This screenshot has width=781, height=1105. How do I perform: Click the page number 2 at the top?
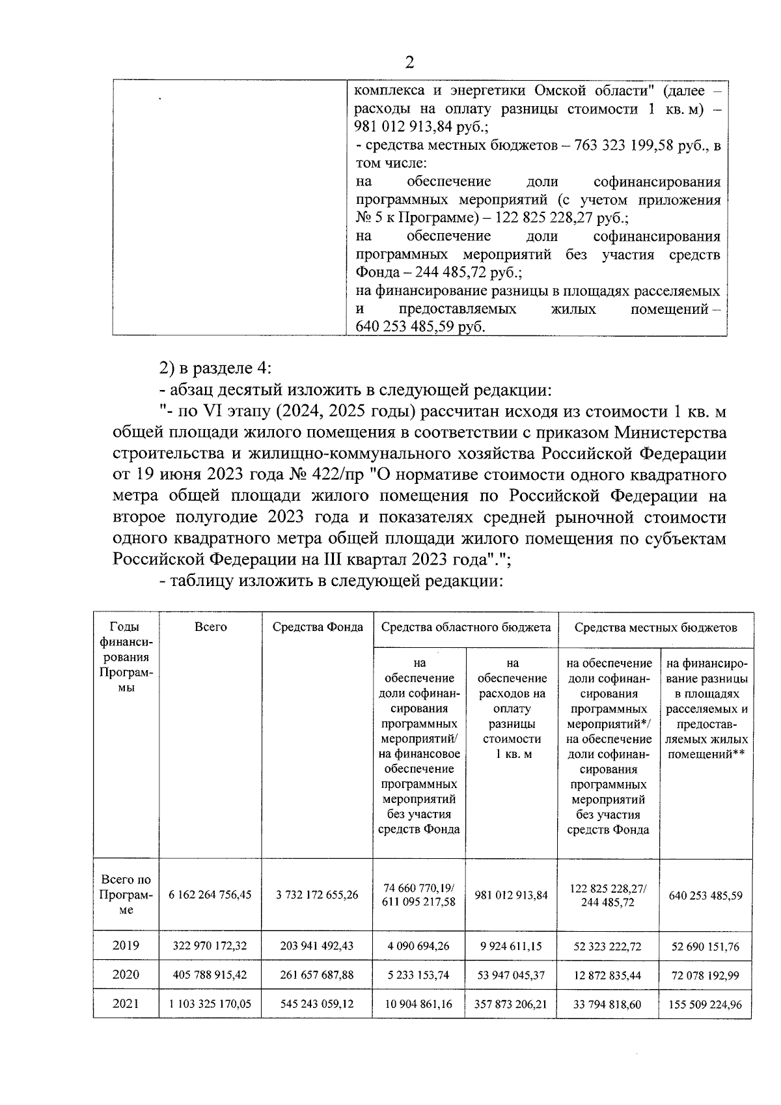409,63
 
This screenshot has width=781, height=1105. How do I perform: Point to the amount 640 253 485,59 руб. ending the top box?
420,327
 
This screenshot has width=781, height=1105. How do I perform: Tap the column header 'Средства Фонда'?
318,628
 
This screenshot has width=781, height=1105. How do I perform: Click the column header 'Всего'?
211,628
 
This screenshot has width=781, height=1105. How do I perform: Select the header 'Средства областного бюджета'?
465,628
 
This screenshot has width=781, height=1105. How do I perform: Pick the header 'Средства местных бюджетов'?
655,628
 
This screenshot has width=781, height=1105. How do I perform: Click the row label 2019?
126,945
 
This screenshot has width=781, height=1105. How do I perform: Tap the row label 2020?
126,975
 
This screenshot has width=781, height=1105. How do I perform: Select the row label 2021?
126,1003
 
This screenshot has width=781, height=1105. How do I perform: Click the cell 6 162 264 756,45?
210,895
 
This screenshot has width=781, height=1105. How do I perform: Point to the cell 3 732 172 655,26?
317,895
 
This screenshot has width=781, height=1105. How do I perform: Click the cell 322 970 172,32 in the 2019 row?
210,946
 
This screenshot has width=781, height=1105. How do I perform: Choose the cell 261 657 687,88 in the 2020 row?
317,975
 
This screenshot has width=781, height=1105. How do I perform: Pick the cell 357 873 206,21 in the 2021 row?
511,1004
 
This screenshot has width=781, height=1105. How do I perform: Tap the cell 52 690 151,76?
705,947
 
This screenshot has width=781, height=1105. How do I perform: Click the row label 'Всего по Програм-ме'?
126,895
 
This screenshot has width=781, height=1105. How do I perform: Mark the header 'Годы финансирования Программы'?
126,658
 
